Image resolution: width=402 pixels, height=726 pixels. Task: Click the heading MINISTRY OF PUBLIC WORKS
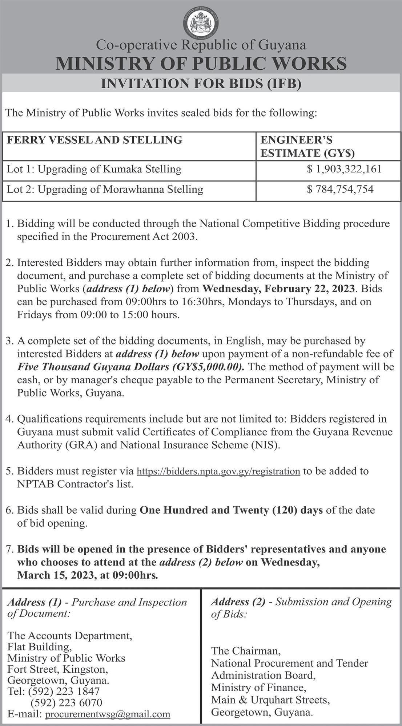[201, 64]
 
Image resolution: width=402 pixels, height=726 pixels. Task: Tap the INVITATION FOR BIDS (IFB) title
[201, 84]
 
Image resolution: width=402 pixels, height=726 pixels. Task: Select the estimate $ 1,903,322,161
[344, 169]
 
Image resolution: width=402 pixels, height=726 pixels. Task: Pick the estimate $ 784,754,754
[340, 189]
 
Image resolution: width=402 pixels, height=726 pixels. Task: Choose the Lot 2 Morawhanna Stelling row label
[105, 189]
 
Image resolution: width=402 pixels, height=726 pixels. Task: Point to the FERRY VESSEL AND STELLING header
[95, 140]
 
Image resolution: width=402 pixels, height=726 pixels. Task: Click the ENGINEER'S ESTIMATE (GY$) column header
[307, 146]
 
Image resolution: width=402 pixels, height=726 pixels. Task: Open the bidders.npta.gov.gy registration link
[218, 471]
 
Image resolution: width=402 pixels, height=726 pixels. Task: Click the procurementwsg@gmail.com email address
[107, 714]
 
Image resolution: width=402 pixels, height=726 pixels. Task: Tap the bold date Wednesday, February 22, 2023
[278, 289]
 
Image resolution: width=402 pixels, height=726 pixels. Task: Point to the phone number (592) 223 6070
[67, 702]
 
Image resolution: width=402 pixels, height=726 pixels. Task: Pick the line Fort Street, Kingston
[57, 669]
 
